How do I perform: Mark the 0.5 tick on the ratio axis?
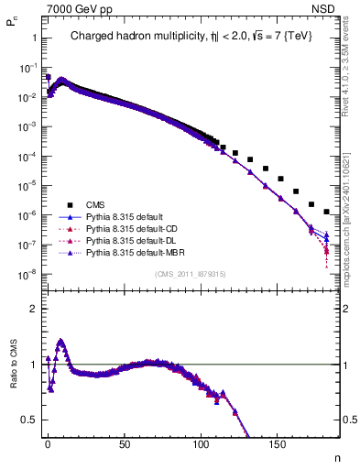[x=27, y=420]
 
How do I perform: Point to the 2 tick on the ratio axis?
[x=32, y=309]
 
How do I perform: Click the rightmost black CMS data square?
[x=327, y=212]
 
